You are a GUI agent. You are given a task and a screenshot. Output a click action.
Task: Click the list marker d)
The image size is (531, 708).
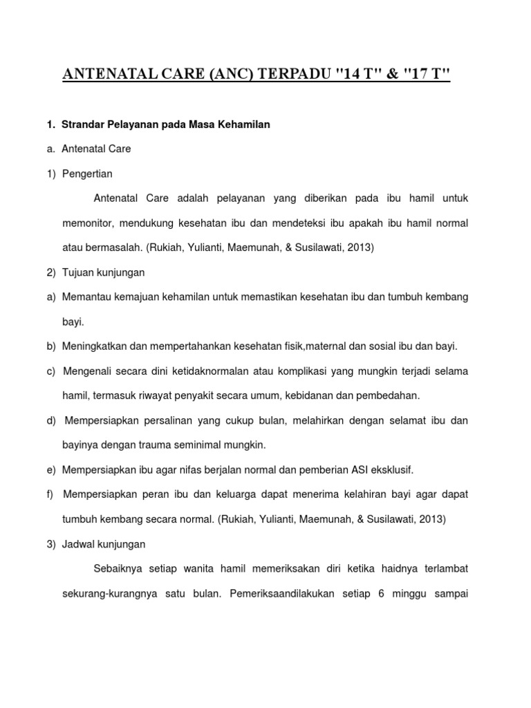(x=52, y=420)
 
